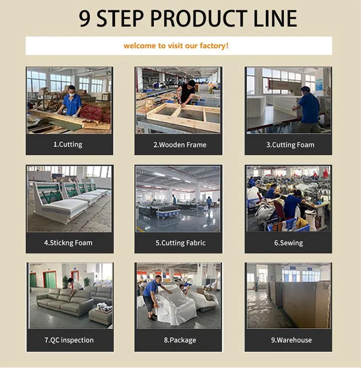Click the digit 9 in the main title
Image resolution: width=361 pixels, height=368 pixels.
85,19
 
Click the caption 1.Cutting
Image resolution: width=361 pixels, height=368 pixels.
68,145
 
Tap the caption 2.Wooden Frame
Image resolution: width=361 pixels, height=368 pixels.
180,145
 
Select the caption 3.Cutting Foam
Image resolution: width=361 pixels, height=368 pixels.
290,145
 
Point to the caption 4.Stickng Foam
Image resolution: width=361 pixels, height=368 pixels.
68,243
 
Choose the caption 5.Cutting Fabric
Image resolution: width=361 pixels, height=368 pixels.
180,243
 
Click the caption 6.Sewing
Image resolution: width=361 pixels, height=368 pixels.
288,243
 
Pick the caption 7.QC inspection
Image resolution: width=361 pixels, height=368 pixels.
69,340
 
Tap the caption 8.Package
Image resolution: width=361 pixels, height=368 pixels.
180,340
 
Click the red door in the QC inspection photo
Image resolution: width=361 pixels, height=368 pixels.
50,279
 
